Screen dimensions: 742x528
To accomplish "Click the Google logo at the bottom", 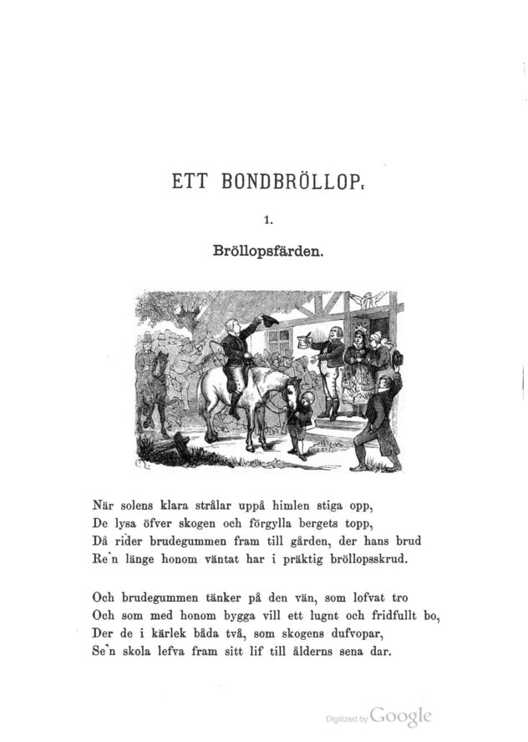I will point(400,717).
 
